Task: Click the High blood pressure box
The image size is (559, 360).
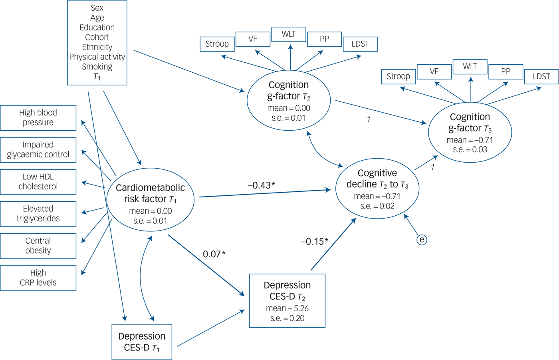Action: pos(38,118)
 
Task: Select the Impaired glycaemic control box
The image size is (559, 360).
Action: pos(38,150)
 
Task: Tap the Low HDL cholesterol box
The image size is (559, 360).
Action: pos(38,182)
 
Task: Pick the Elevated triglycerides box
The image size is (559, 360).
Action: pos(38,214)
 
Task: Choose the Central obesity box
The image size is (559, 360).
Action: pos(38,246)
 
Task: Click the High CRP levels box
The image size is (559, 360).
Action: pos(38,278)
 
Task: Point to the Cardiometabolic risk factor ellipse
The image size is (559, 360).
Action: pos(150,199)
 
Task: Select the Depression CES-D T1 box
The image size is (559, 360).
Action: pos(142,342)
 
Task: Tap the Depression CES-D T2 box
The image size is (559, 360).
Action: pos(287,301)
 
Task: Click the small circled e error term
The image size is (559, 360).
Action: pos(422,240)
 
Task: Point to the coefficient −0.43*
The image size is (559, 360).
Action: pos(261,185)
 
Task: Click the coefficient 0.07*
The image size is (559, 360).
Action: pos(214,254)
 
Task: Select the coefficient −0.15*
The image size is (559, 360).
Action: pos(314,242)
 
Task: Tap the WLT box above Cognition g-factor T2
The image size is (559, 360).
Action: pos(289,34)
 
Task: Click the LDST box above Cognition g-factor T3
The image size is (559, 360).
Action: pos(541,76)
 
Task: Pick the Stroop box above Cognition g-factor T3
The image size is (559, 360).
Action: pos(398,76)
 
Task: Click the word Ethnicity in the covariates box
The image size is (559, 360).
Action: pos(97,47)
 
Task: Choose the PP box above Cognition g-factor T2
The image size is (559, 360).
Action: pos(324,39)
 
